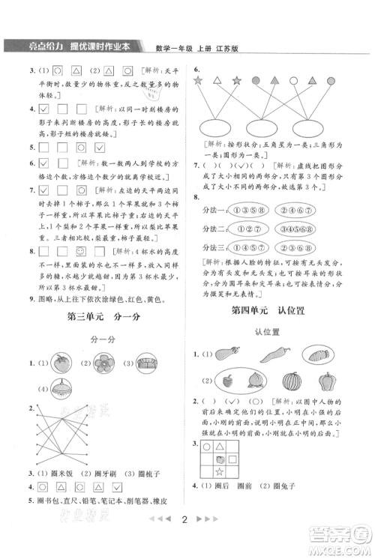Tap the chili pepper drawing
coord(269,354)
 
